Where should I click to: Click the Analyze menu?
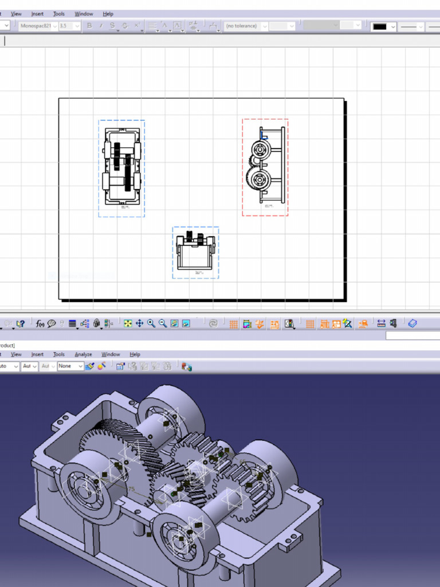tap(83, 354)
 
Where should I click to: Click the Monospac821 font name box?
tap(38, 26)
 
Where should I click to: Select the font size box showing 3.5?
tap(69, 26)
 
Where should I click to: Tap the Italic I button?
tap(101, 26)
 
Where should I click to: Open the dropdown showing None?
tap(70, 366)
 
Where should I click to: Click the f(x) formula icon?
tap(40, 324)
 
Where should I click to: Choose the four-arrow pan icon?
tap(139, 324)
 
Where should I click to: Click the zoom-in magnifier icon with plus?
tap(151, 324)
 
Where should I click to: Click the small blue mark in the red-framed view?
tap(264, 136)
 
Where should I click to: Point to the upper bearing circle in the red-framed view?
tap(260, 151)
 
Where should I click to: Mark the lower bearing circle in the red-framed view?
tap(258, 179)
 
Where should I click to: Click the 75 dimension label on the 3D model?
tap(131, 490)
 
